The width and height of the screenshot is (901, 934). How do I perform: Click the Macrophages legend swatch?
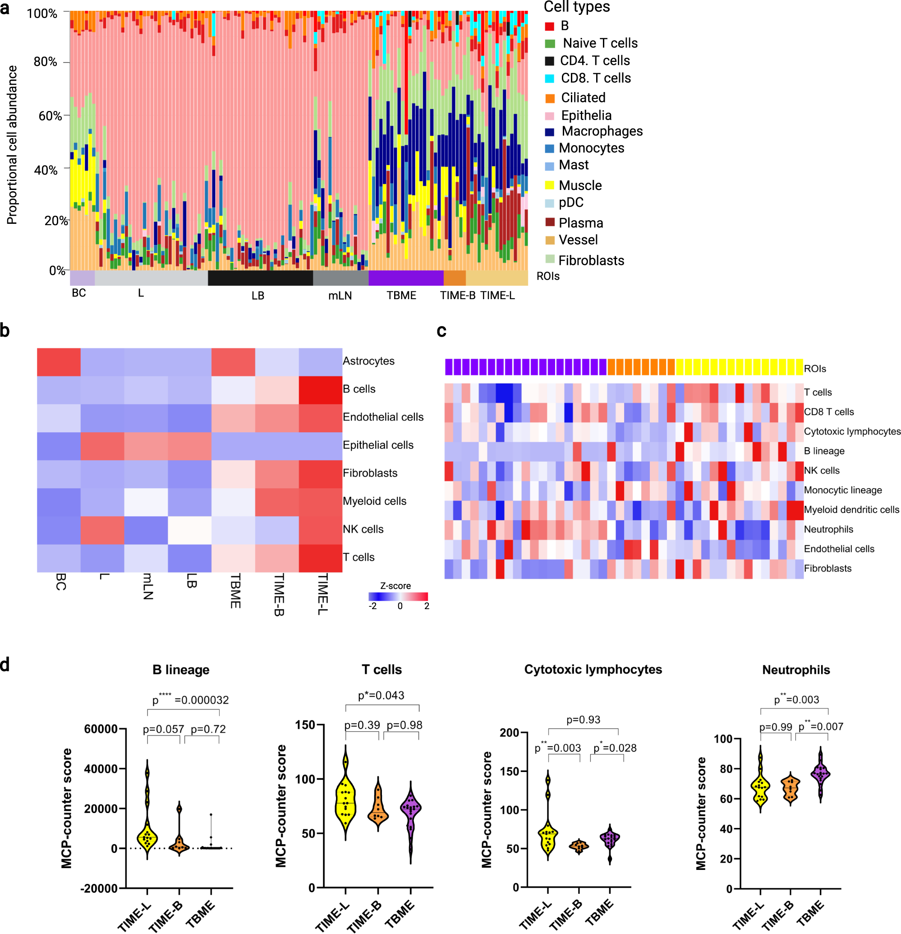coord(549,132)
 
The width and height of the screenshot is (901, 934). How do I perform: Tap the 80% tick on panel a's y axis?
coord(45,62)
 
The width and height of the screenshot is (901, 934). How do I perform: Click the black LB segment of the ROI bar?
coord(260,278)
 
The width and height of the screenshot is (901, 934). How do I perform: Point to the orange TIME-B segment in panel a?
coord(454,278)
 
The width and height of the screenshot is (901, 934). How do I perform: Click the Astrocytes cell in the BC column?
coord(59,362)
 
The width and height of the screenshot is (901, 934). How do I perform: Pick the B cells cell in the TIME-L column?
coord(320,390)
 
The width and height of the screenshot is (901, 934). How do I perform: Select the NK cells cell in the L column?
coord(102,530)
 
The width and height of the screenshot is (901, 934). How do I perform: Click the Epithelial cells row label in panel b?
coord(378,445)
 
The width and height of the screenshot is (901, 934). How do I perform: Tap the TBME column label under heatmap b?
coord(235,591)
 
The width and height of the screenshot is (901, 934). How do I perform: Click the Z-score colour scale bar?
coord(398,596)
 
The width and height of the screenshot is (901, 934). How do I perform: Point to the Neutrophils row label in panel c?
coord(828,529)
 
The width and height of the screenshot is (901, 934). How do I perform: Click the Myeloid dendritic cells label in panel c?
coord(851,509)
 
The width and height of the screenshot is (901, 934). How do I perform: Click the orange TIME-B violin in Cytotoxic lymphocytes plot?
coord(579,846)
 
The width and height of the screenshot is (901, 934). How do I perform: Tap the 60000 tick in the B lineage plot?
coord(101,729)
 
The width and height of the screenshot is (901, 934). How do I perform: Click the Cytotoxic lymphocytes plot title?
coord(593,670)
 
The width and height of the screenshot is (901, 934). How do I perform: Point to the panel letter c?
coord(441,331)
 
